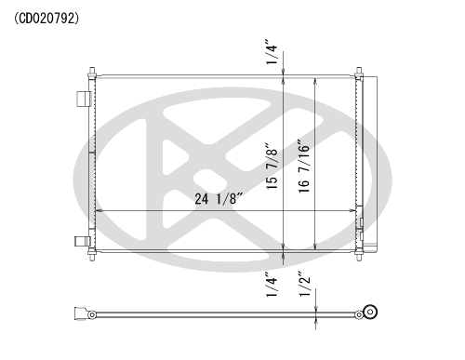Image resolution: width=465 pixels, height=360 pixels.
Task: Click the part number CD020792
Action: (x=46, y=19)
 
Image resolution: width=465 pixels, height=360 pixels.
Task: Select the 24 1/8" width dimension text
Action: (x=219, y=198)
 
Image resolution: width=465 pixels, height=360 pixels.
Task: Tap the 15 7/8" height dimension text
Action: (x=272, y=167)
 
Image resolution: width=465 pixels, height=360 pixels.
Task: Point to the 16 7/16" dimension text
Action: (x=304, y=167)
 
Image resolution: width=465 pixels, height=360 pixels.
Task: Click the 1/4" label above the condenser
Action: (x=272, y=52)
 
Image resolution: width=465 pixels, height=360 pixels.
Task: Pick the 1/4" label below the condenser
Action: (x=272, y=285)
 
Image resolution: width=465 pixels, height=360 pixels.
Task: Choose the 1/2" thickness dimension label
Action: (x=304, y=284)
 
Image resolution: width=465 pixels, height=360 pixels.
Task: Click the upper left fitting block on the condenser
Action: (x=84, y=99)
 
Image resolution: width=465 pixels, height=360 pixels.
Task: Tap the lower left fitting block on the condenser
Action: (x=82, y=241)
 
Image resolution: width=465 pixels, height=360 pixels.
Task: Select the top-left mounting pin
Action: (x=92, y=72)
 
